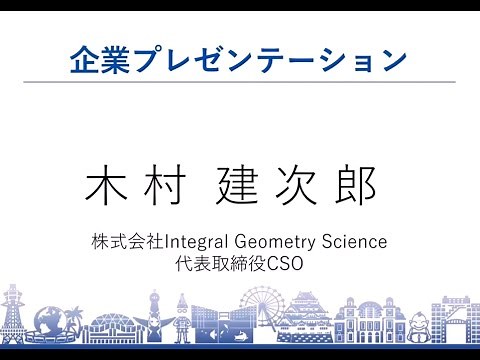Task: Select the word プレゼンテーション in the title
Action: [262, 59]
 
